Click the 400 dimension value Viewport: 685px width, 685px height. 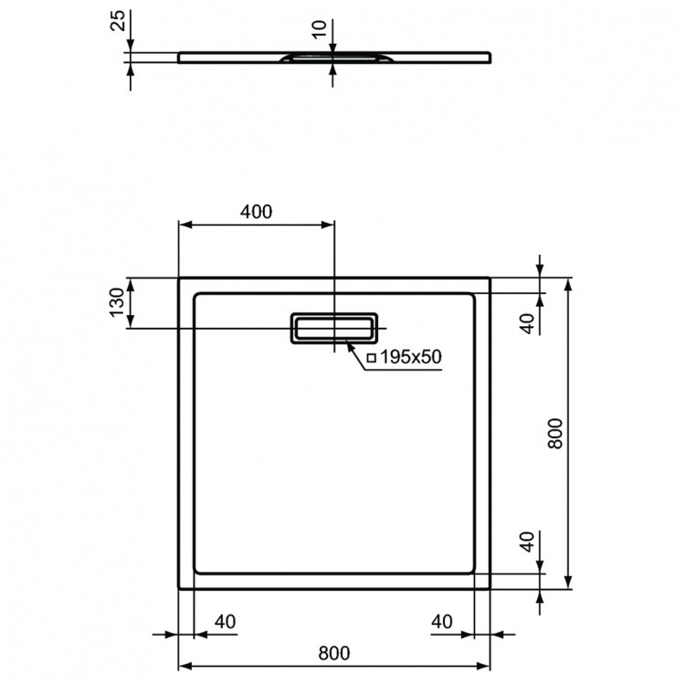[257, 212]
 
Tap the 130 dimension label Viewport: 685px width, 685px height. [117, 301]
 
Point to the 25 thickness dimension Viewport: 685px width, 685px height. [117, 21]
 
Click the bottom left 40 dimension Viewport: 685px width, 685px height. [225, 622]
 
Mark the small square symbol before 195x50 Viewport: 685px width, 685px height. [372, 358]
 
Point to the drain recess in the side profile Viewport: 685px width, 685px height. [335, 58]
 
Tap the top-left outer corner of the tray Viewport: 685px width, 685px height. [178, 279]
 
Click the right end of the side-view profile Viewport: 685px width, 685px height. [491, 58]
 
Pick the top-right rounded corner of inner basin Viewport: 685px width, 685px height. [471, 297]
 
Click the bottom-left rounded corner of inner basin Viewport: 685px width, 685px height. [198, 570]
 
